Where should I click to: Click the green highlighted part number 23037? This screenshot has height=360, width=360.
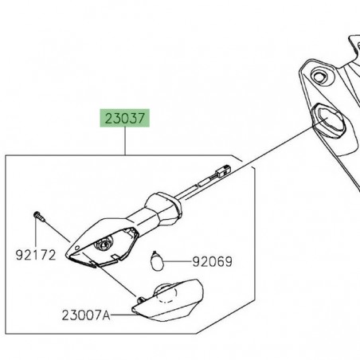(x=124, y=120)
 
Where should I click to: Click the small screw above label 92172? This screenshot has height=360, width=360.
(x=37, y=215)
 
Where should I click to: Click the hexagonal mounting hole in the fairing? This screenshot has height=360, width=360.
(x=327, y=119)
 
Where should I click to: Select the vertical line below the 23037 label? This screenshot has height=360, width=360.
(x=124, y=143)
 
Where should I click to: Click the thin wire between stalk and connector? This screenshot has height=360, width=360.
(x=199, y=185)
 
